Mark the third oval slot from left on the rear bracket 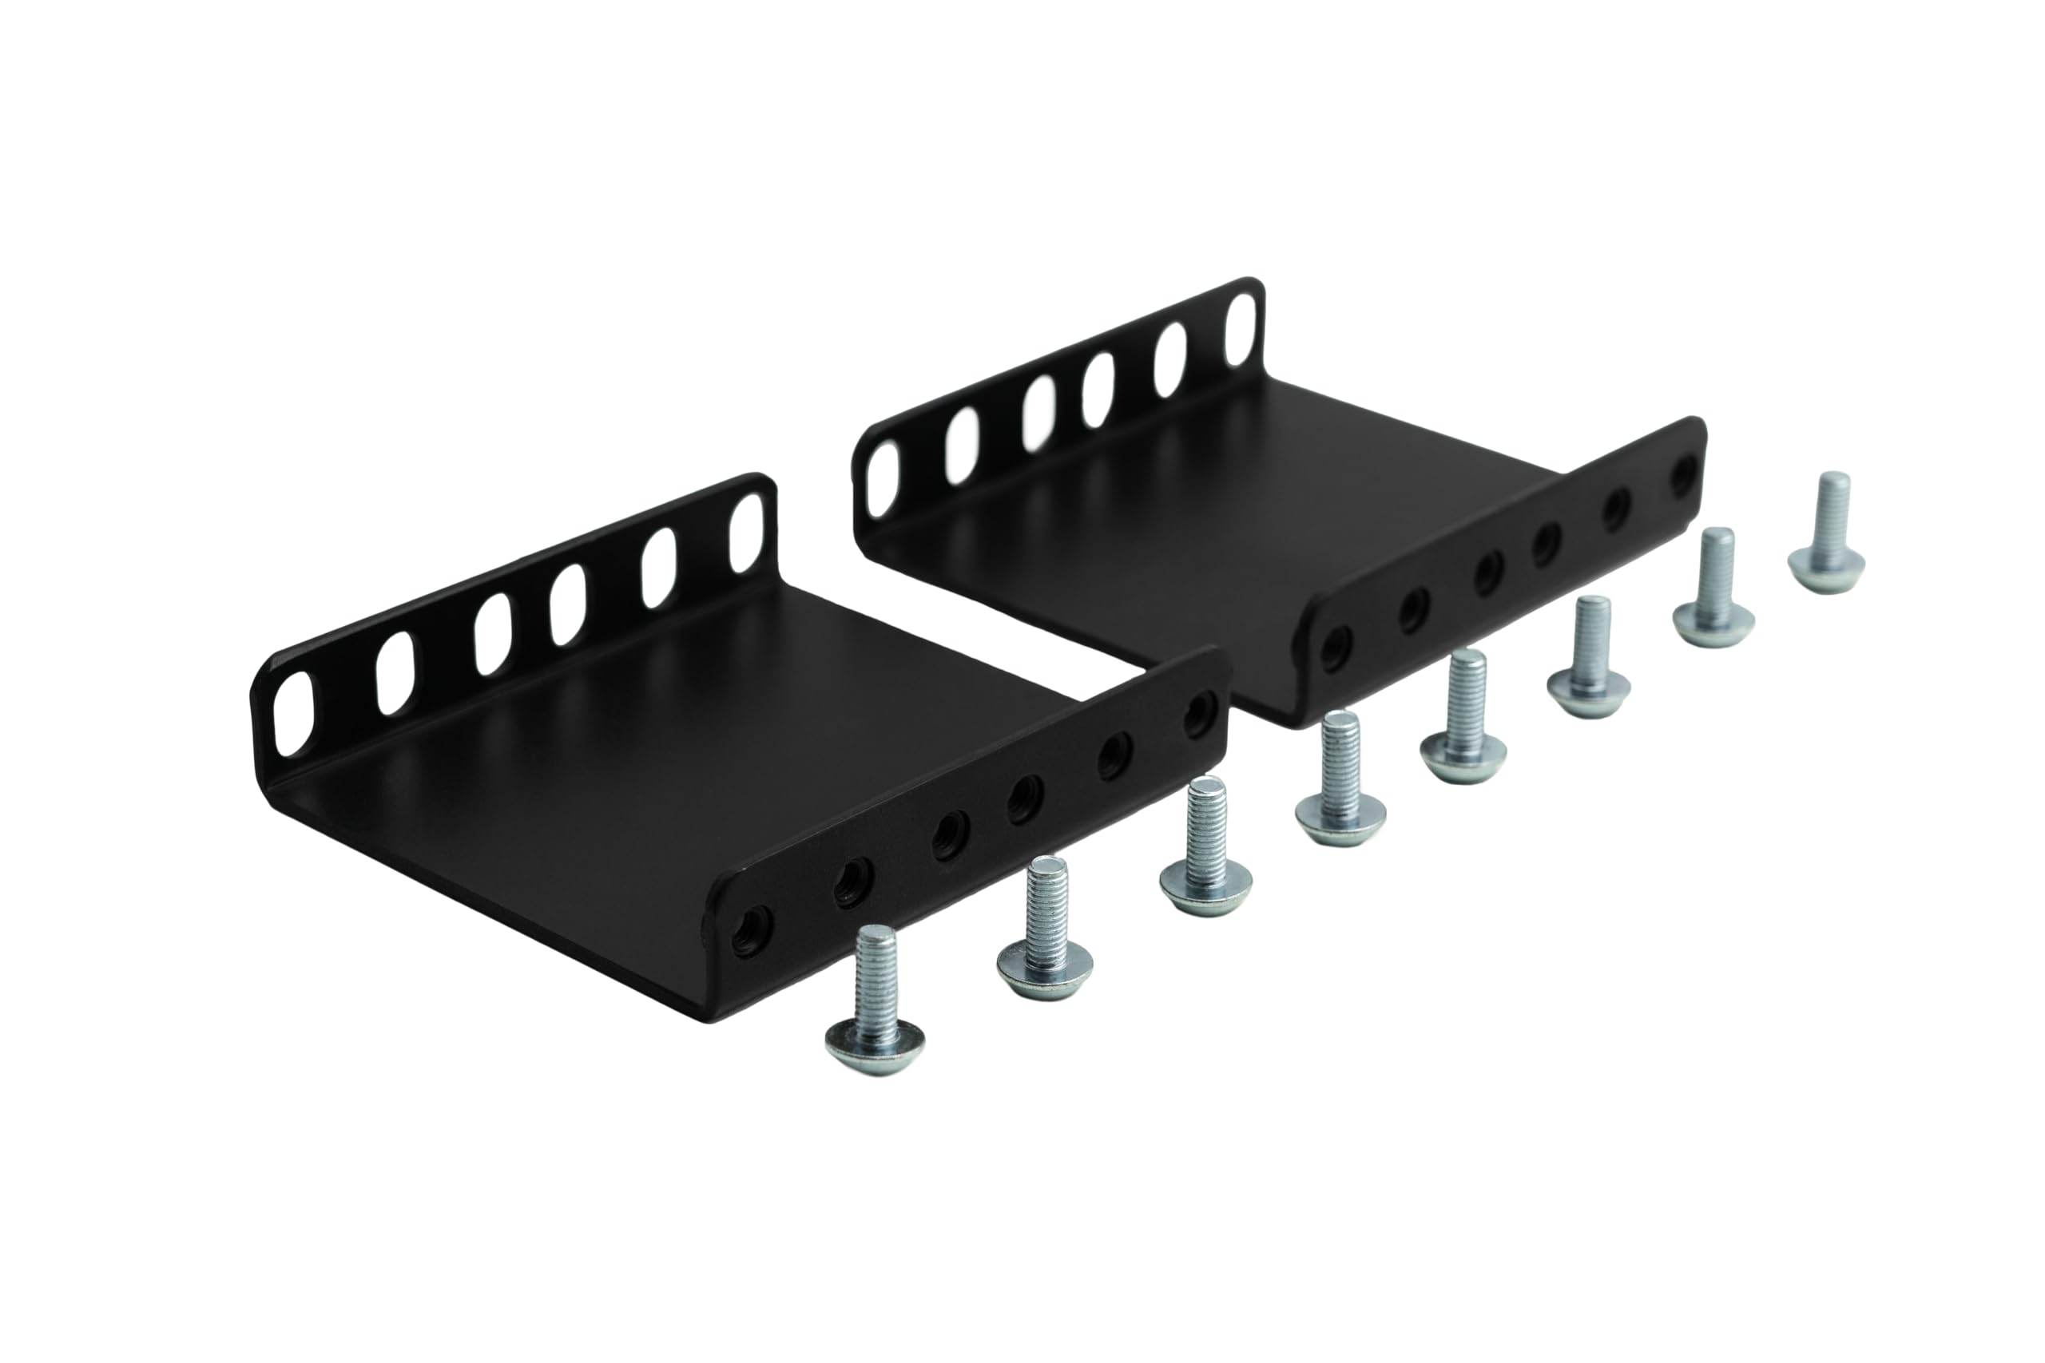click(x=1038, y=412)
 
